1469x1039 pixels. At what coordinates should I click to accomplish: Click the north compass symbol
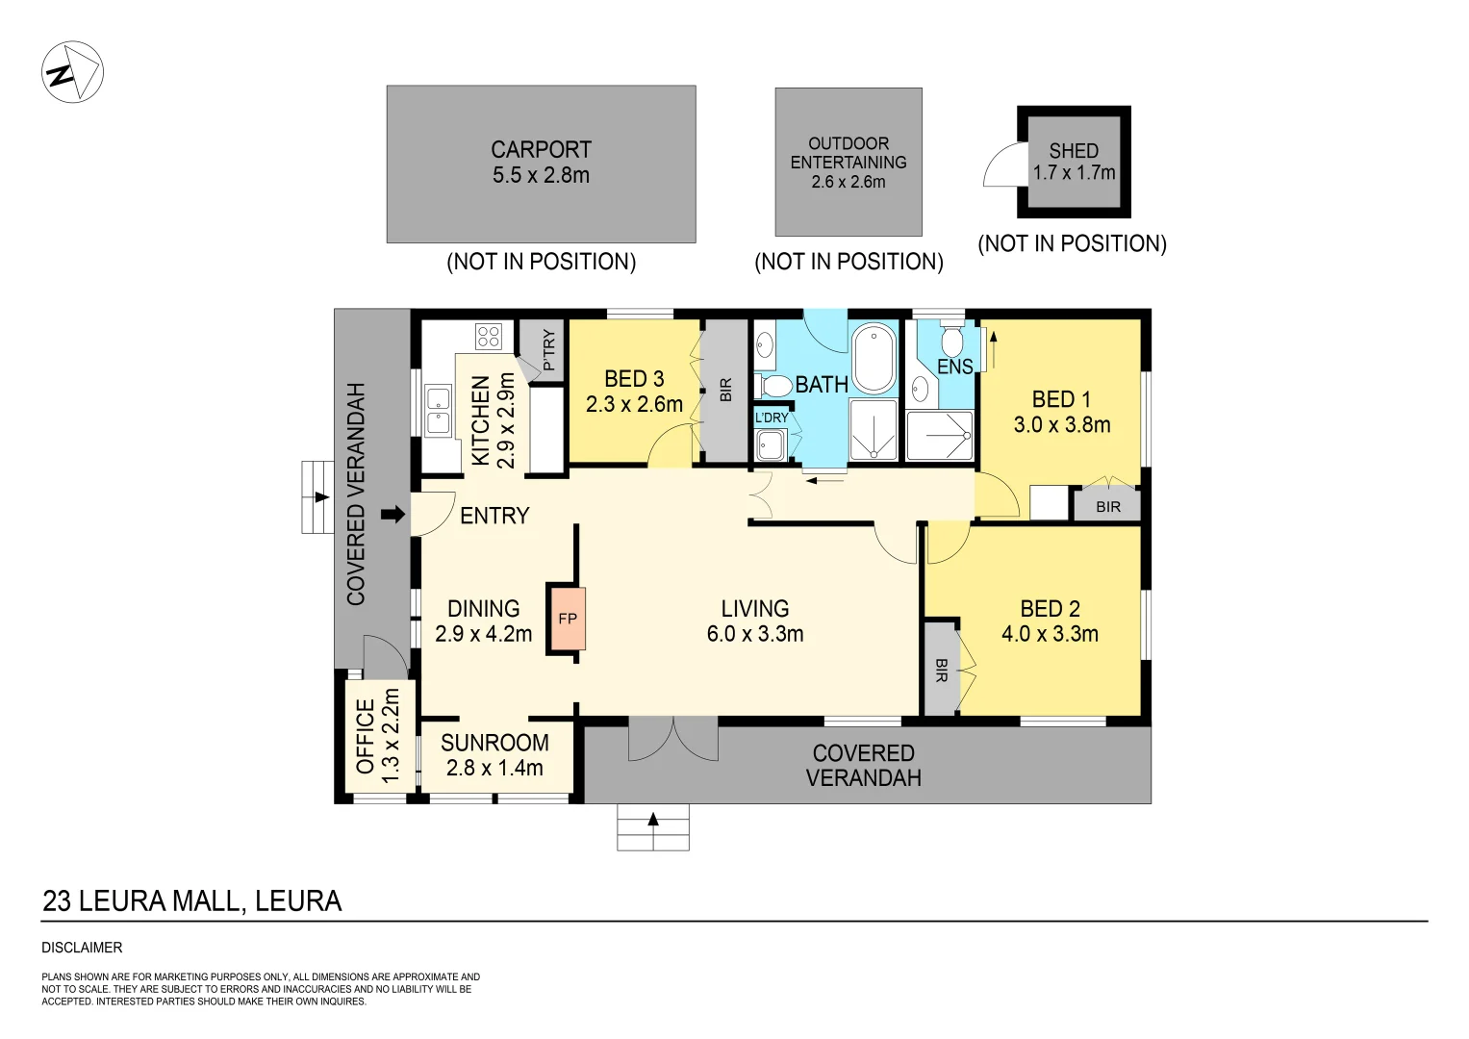pyautogui.click(x=72, y=72)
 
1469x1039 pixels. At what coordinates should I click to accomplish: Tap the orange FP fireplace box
pyautogui.click(x=567, y=619)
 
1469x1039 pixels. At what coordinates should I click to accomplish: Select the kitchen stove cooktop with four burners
pyautogui.click(x=488, y=336)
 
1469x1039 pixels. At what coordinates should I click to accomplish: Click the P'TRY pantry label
pyautogui.click(x=548, y=350)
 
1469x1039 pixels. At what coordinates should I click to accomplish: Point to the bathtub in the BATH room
pyautogui.click(x=874, y=359)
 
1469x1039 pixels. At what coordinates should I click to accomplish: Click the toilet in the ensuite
pyautogui.click(x=951, y=340)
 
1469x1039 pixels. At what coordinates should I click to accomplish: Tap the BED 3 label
pyautogui.click(x=634, y=379)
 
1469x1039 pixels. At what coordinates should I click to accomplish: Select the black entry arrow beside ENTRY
pyautogui.click(x=393, y=515)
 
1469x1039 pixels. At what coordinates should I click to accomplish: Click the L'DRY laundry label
pyautogui.click(x=772, y=418)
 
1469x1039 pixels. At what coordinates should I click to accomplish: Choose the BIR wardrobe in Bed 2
pyautogui.click(x=941, y=670)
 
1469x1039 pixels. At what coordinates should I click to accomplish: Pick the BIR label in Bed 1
pyautogui.click(x=1107, y=507)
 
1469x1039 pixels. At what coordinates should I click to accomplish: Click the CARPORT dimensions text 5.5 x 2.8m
pyautogui.click(x=541, y=175)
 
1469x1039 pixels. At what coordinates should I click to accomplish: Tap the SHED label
pyautogui.click(x=1074, y=151)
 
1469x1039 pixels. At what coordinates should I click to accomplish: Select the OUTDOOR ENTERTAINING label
pyautogui.click(x=848, y=153)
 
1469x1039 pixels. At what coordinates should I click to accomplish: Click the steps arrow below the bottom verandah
pyautogui.click(x=653, y=821)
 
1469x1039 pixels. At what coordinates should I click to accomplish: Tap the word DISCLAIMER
pyautogui.click(x=82, y=948)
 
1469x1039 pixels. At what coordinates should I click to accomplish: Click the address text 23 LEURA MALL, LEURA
pyautogui.click(x=192, y=901)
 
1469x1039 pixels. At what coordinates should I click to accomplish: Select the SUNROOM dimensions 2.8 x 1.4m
pyautogui.click(x=494, y=768)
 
